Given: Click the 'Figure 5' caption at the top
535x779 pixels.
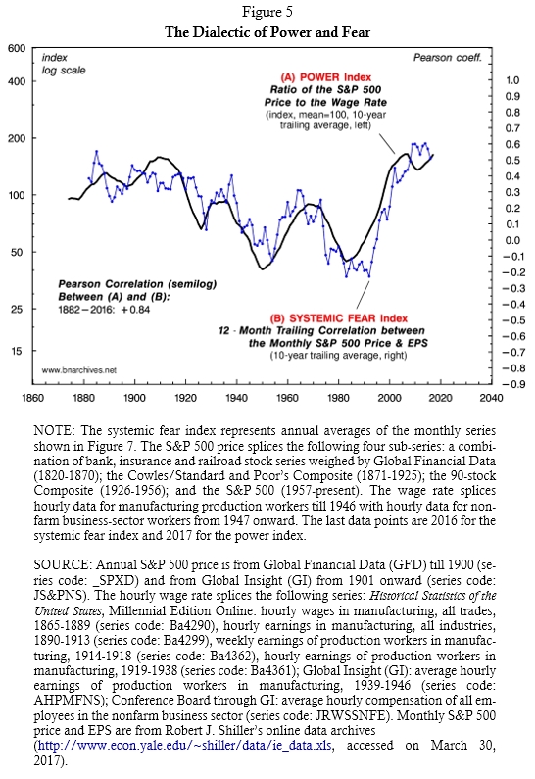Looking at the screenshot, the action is coord(267,11).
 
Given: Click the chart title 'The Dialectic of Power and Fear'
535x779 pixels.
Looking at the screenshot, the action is coord(267,32).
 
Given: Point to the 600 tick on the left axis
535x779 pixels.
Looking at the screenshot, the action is coord(17,48).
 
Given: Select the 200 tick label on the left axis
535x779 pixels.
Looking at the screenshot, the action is coord(17,138).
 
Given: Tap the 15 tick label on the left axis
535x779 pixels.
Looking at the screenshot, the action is coord(17,351).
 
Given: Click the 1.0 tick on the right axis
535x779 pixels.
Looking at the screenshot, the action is coord(512,80).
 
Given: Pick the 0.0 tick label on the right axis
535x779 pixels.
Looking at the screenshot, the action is coord(512,240).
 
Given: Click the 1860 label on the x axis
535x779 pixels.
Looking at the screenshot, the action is coord(32,398).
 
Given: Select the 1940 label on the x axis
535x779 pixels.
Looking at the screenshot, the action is coord(236,398).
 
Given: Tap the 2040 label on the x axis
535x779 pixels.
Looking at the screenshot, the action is coord(491,398).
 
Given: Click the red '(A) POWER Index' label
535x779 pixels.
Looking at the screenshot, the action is coord(326,77).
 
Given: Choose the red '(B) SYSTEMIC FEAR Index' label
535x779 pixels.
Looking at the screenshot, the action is coord(339,318).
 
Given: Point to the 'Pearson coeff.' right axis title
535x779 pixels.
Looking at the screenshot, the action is coord(448,58).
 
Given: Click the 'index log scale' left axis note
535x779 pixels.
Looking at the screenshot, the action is coord(64,64).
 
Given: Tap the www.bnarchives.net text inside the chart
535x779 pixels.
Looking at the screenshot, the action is coord(79,370).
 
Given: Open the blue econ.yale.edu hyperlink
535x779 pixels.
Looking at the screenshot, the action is coord(185,746).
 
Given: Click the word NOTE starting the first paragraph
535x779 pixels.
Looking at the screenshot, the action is coord(53,431).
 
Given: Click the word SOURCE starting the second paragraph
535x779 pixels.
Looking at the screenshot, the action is coord(62,564).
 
